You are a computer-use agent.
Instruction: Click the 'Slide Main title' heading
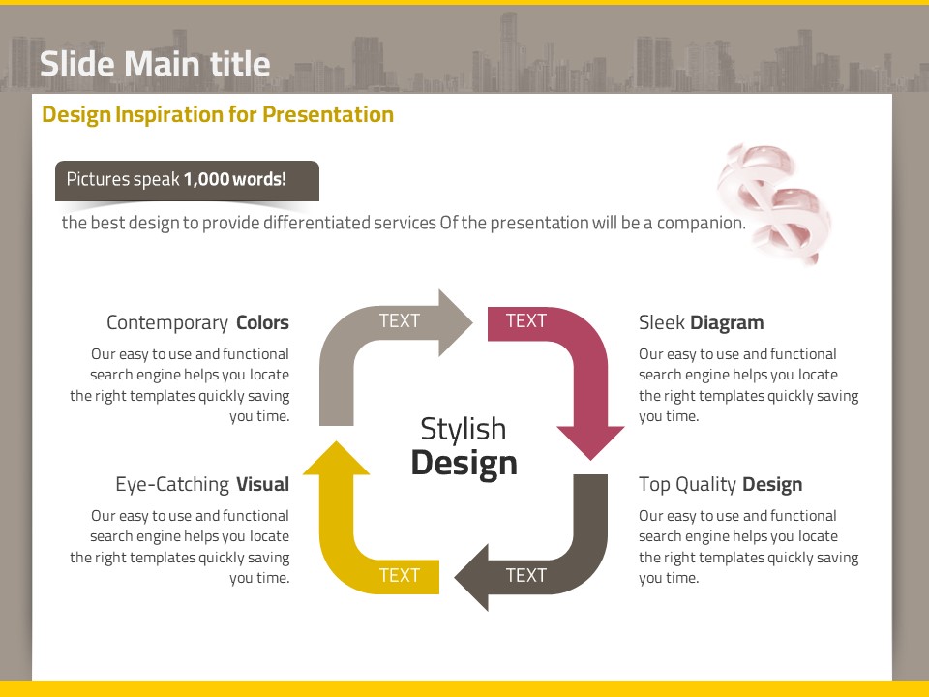click(x=155, y=64)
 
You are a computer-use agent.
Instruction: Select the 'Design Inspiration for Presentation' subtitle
click(x=218, y=115)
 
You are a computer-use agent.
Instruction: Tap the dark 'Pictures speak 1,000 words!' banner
click(x=187, y=181)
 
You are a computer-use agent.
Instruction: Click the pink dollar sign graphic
click(x=773, y=203)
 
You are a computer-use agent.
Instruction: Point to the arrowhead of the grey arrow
click(x=455, y=323)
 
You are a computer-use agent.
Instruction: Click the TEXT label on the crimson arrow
click(x=526, y=320)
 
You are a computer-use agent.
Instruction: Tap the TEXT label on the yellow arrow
click(x=400, y=575)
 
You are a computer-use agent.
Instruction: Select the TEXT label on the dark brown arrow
click(x=526, y=575)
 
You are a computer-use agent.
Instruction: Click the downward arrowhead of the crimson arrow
click(x=590, y=442)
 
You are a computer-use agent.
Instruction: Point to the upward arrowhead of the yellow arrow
click(x=336, y=458)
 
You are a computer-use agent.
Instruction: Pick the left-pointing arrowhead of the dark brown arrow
click(x=471, y=577)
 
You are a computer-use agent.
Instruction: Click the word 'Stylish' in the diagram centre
click(x=464, y=430)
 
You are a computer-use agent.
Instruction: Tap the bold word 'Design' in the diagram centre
click(x=464, y=464)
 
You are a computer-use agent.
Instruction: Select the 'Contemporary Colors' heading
click(x=197, y=322)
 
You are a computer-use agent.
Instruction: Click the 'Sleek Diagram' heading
click(x=701, y=322)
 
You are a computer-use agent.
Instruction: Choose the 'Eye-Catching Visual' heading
click(x=202, y=484)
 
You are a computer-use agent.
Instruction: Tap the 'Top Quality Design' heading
click(x=720, y=484)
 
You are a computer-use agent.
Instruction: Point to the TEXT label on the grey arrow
click(x=400, y=320)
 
